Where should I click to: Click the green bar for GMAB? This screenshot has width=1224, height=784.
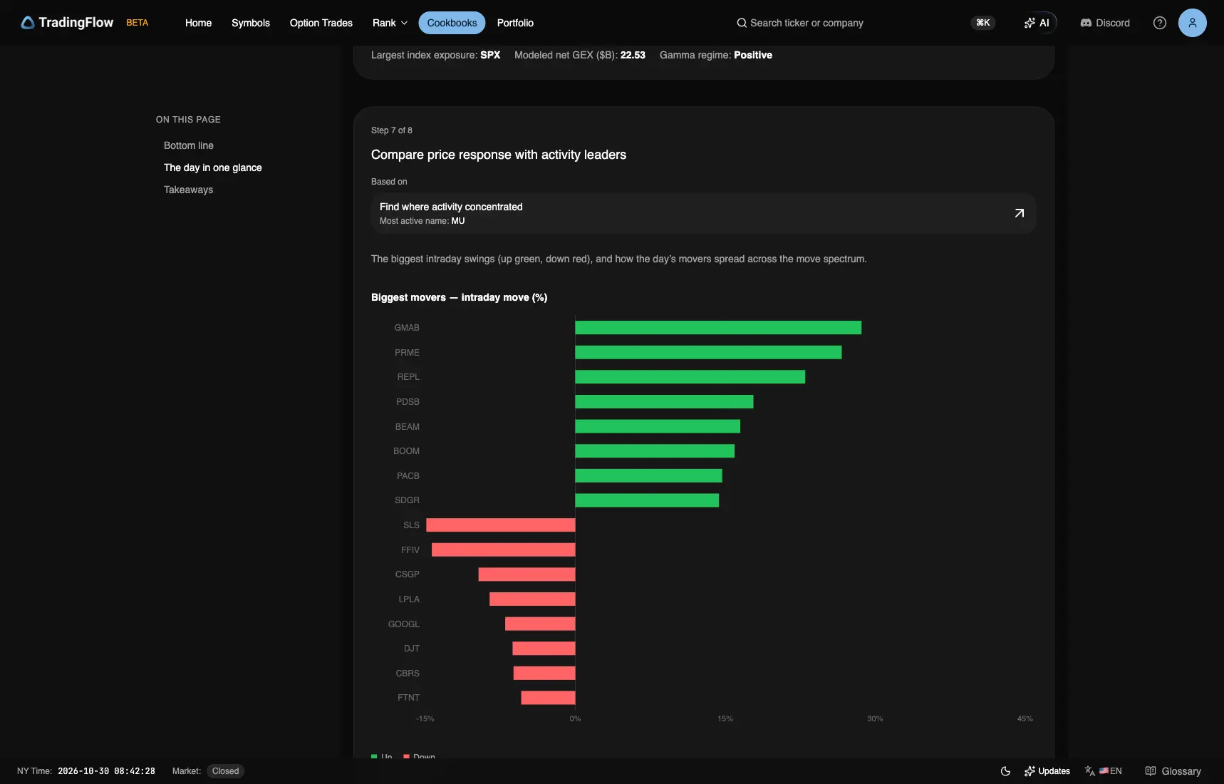coord(718,328)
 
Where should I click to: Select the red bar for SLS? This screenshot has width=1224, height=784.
coord(501,525)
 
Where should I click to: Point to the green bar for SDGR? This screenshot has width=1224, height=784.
coord(647,500)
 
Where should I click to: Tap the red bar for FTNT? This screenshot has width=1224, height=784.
coord(548,698)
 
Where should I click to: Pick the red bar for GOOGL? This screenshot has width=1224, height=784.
coord(540,624)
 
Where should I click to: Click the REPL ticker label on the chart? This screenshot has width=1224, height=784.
coord(408,377)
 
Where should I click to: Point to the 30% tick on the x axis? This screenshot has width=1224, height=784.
coord(875,718)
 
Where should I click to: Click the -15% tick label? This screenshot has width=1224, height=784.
coord(425,718)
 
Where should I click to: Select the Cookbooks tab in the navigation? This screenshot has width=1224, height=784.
coord(452,23)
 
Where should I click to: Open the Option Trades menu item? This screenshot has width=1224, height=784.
coord(321,23)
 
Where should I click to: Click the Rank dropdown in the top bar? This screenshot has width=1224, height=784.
coord(390,23)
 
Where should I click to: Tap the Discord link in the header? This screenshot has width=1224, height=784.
coord(1105,23)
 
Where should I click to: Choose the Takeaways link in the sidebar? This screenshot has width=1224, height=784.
coord(188,190)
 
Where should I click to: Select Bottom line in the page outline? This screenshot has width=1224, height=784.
coord(189,145)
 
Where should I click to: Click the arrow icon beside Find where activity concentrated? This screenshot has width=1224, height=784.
coord(1020,213)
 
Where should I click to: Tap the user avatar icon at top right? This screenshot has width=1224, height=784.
coord(1193,23)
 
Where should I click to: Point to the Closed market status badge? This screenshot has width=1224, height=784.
coord(225,771)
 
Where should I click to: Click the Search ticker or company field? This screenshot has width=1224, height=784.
coord(800,23)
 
